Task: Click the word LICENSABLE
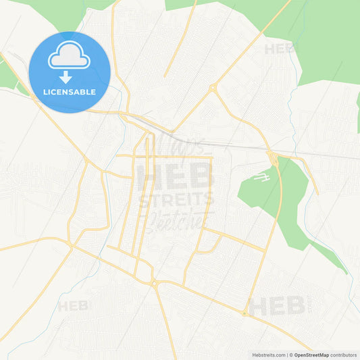click(x=70, y=91)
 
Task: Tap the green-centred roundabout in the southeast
click(x=244, y=313)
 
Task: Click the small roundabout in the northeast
click(x=212, y=87)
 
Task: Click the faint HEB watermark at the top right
click(x=280, y=49)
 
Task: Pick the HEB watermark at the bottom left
click(x=73, y=306)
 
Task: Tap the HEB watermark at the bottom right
click(x=277, y=306)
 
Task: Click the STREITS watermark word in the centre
click(x=176, y=200)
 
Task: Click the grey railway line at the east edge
click(x=338, y=156)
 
